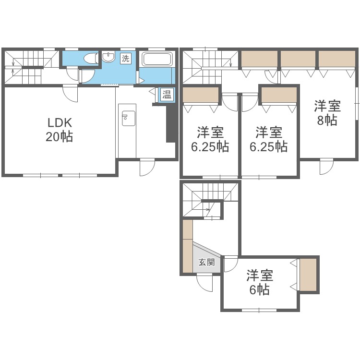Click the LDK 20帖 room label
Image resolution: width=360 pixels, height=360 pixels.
tap(60, 130)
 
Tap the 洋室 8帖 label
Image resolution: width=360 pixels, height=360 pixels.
tap(327, 113)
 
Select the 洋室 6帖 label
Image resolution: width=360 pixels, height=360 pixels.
tap(260, 282)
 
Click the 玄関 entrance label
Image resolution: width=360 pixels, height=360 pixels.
tap(206, 262)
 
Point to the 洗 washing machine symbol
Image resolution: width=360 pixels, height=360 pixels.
tap(126, 59)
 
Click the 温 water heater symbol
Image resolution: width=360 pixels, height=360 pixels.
tap(167, 95)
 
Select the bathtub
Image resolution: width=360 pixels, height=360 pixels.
tap(157, 59)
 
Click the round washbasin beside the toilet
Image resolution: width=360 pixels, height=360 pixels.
tap(108, 57)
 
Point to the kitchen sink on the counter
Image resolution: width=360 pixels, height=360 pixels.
tap(129, 119)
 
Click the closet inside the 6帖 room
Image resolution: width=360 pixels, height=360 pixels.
tap(308, 275)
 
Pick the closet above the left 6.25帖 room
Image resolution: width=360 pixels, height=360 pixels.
tap(201, 95)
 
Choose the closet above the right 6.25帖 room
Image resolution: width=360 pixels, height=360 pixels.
tap(279, 95)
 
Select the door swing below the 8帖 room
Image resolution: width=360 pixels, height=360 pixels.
tap(326, 167)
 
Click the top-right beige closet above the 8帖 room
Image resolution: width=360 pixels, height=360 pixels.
tap(337, 58)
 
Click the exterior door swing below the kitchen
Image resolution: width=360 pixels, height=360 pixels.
tap(147, 167)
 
